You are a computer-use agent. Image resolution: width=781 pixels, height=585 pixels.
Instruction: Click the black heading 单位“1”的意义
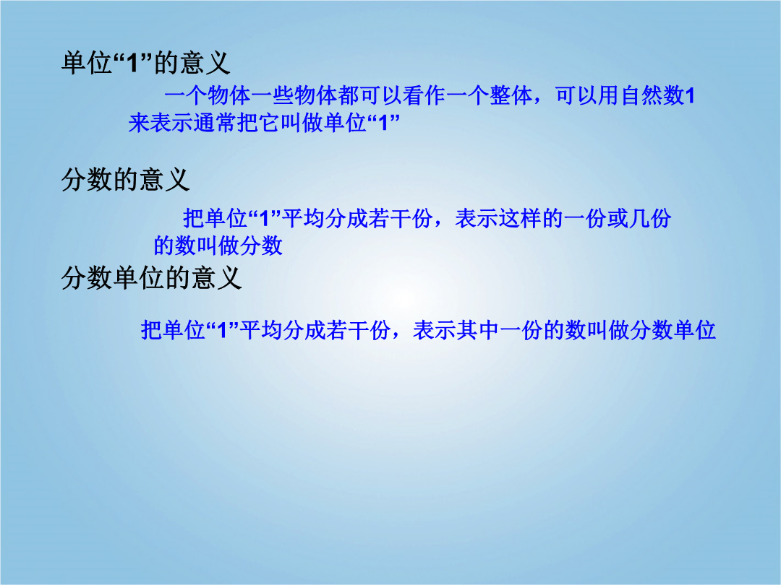(x=145, y=63)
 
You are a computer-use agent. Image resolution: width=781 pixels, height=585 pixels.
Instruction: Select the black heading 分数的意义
(x=126, y=179)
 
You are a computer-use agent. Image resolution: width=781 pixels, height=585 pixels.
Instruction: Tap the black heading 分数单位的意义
(x=151, y=277)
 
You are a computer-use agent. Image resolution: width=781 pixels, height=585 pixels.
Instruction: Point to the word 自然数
(x=652, y=95)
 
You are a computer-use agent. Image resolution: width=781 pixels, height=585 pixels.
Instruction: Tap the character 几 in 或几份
(x=639, y=218)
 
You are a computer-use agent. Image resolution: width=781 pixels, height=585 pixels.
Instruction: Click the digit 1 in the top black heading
(x=132, y=63)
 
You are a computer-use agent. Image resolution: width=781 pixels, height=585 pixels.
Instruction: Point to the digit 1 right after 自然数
(x=690, y=96)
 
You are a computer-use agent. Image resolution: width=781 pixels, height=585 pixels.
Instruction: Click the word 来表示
(x=161, y=122)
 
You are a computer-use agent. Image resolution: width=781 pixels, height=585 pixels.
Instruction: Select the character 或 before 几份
(x=617, y=218)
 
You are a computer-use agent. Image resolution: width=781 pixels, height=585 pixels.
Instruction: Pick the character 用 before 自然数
(x=609, y=95)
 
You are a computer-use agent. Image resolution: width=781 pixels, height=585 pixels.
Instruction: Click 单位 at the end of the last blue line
(x=695, y=330)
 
